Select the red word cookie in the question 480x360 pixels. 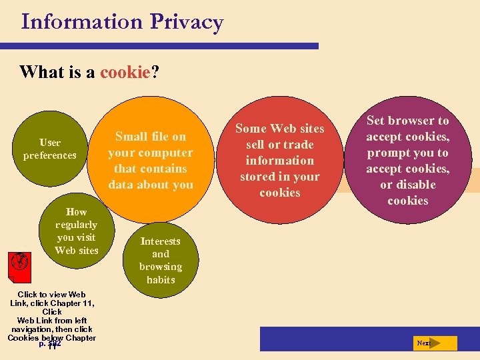tap(125, 71)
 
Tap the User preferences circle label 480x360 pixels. tap(50, 149)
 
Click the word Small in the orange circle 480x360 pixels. tap(131, 137)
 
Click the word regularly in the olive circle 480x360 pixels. tap(76, 225)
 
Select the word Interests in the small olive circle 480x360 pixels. tap(160, 241)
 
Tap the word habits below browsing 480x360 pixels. tap(160, 279)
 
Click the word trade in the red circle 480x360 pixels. tap(299, 145)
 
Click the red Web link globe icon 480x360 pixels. tap(20, 262)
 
